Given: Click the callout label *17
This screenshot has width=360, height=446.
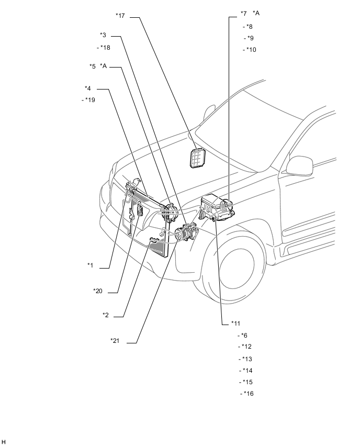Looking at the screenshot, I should click(121, 16).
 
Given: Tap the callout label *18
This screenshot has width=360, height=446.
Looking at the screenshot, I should click(105, 48).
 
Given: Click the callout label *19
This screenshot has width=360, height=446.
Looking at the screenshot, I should click(89, 100).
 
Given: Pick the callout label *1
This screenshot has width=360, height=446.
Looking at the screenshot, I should click(90, 266).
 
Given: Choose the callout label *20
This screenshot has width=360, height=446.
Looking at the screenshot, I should click(98, 291).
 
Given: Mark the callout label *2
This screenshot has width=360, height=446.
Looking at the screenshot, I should click(106, 315).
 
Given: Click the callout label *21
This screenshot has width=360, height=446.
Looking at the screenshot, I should click(115, 341).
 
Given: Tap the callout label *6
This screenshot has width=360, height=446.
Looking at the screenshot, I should click(244, 336).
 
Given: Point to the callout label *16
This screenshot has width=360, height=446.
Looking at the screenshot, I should click(248, 394).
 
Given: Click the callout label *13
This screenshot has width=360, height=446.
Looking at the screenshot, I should click(246, 359).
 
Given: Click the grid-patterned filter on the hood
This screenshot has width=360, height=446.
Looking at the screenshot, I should click(198, 157).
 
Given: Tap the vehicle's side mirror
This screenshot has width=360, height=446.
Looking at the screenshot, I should click(299, 165).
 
